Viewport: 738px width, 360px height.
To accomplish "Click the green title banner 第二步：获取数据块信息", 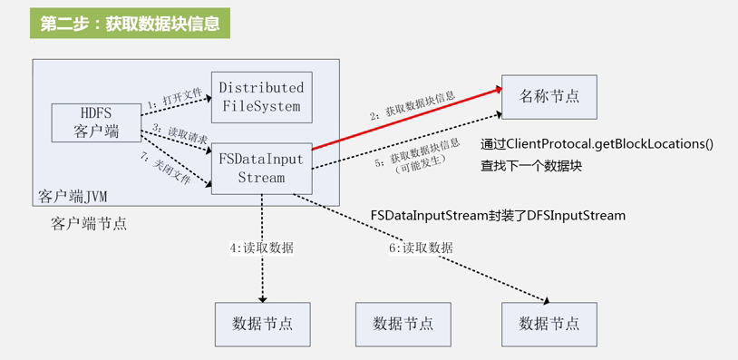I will (130, 24).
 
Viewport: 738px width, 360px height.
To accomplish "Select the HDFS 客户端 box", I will (97, 122).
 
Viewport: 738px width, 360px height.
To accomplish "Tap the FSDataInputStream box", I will (261, 168).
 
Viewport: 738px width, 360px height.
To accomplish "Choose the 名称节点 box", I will (549, 97).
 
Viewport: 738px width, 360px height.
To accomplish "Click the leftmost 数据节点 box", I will (263, 324).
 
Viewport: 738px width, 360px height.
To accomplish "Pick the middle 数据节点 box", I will (403, 324).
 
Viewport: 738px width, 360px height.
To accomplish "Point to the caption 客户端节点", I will (89, 223).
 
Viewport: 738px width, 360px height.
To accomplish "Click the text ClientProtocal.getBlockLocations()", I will (597, 144).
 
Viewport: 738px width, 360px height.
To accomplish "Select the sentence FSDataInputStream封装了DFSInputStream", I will (498, 216).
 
